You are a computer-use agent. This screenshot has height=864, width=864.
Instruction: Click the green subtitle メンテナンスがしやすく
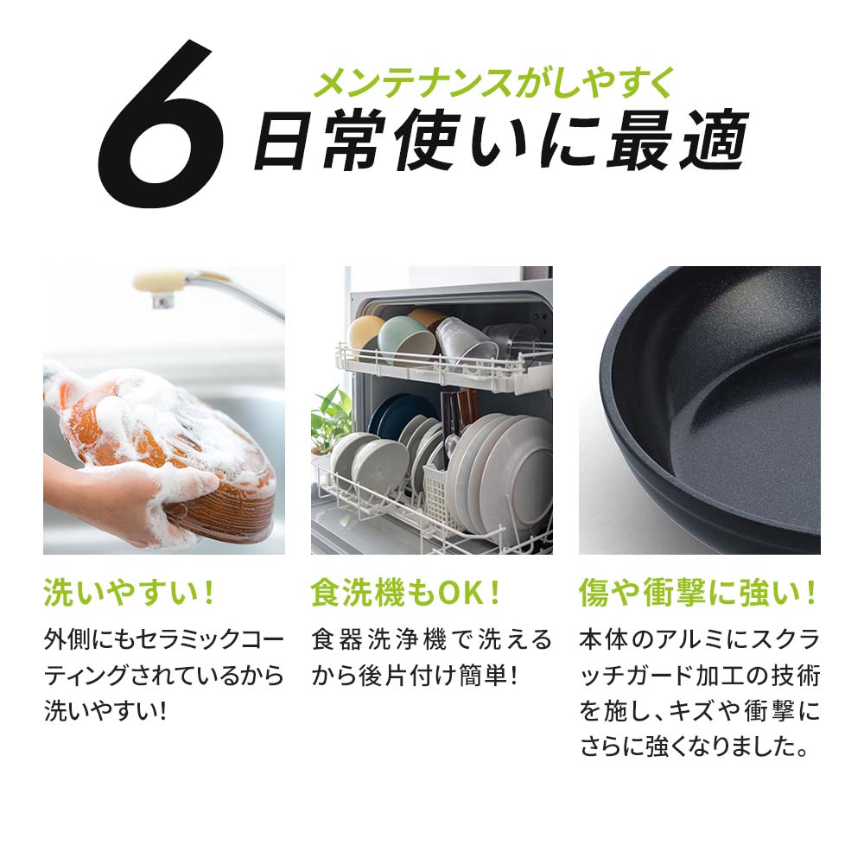[492, 84]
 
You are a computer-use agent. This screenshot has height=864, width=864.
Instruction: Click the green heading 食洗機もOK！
[406, 594]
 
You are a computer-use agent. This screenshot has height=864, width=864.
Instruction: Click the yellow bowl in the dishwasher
[365, 333]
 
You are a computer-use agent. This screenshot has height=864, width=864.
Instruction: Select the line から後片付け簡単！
[415, 676]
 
